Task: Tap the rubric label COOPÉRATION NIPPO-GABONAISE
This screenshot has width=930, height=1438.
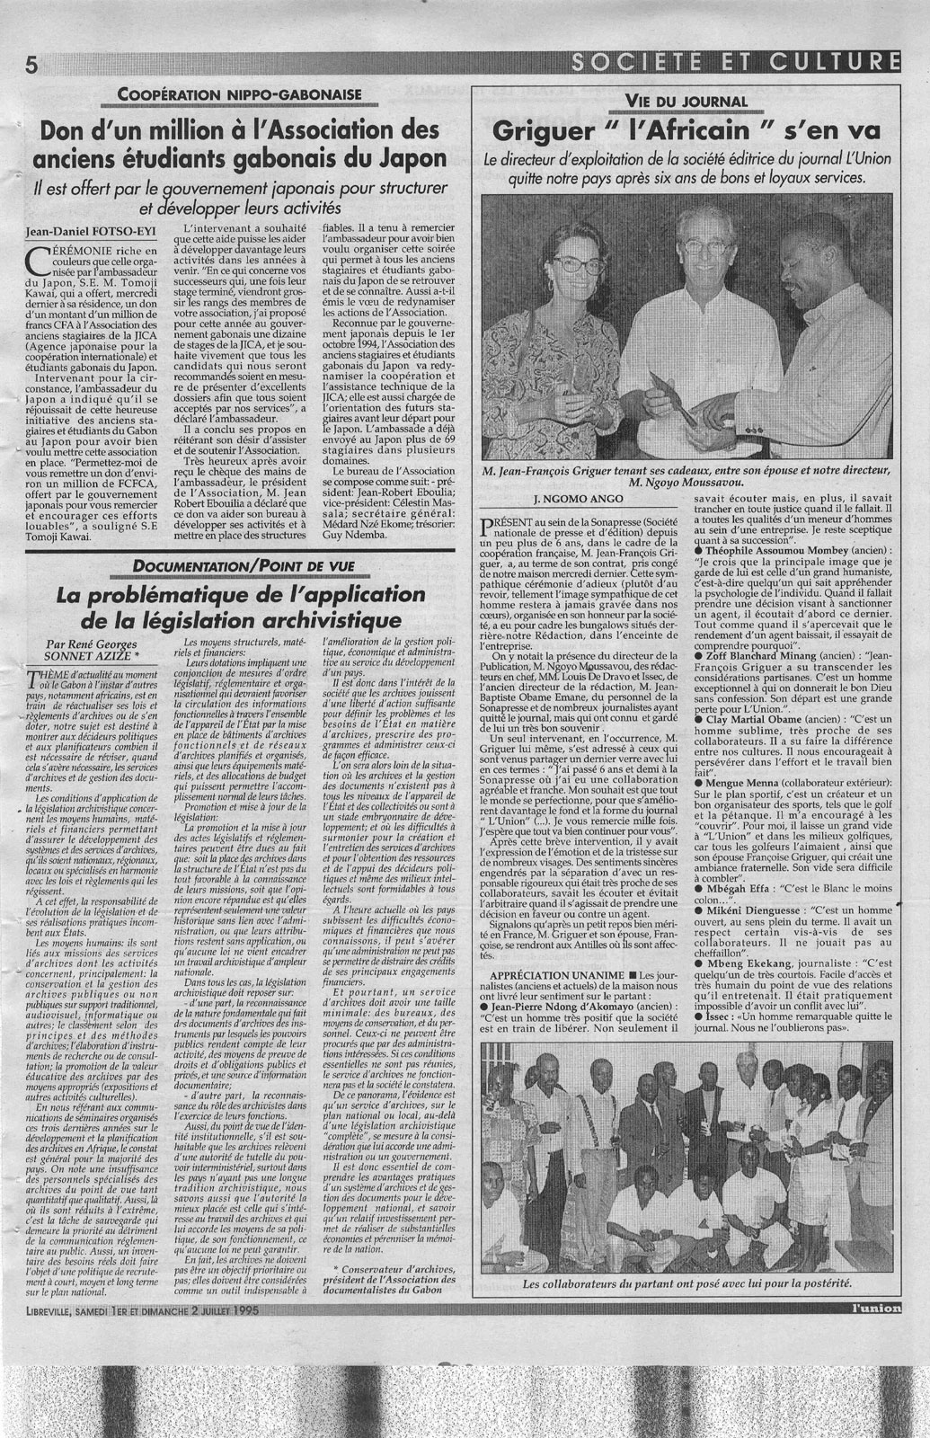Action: pyautogui.click(x=239, y=93)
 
